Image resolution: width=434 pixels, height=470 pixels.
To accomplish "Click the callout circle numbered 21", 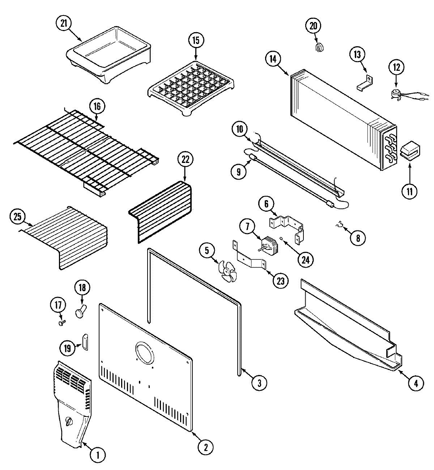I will click(64, 23).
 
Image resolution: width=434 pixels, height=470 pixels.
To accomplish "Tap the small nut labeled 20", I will click(319, 47).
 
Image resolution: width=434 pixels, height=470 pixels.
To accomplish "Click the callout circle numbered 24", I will click(306, 259).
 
